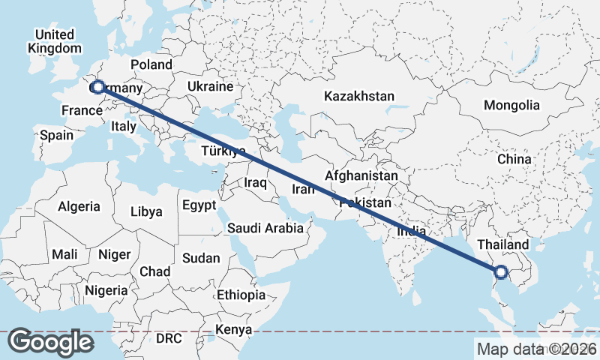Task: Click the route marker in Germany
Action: pos(97,88)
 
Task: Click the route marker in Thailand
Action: pos(501,272)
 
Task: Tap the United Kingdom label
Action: pos(54,42)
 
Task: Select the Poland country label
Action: pos(151,65)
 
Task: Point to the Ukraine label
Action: pos(211,87)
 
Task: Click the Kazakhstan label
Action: pos(359,96)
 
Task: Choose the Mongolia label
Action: pos(511,106)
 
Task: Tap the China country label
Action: pos(514,159)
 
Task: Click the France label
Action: pos(81,111)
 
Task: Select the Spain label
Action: pos(56,136)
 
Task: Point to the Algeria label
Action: pos(79,206)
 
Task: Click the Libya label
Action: pos(146,211)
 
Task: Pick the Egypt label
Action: pos(199,205)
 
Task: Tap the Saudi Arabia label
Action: pos(265,228)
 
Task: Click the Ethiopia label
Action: pos(241,295)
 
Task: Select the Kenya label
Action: pos(233,329)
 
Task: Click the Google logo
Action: pos(50,342)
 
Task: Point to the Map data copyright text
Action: pos(536,349)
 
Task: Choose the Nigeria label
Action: pos(106,290)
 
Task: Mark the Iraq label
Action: pos(256,182)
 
